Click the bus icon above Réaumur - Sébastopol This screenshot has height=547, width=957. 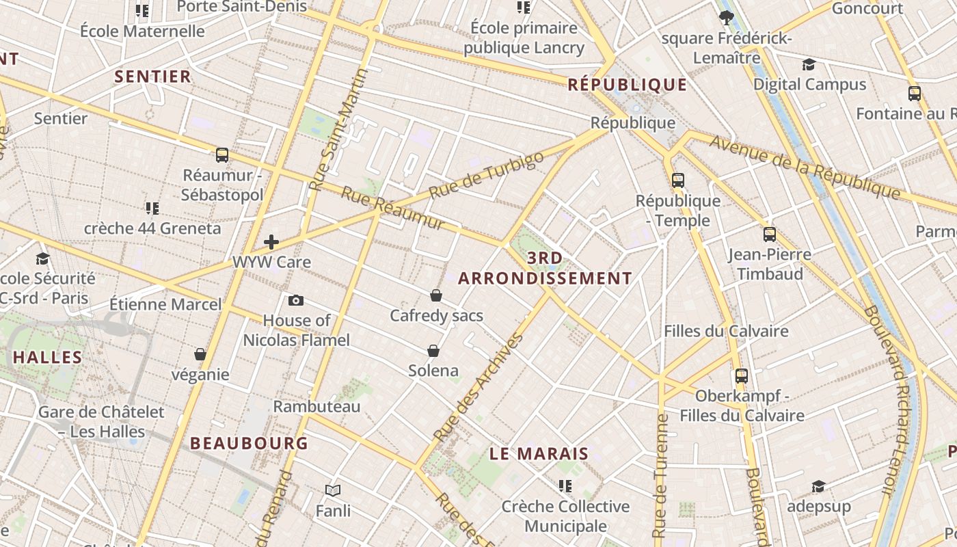(x=222, y=155)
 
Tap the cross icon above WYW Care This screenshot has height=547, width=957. (x=271, y=241)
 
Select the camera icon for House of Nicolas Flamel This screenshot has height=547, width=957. (x=296, y=300)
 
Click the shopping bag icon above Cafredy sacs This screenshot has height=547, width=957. (x=436, y=295)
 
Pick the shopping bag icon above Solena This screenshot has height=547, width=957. (x=433, y=351)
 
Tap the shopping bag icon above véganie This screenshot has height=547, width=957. (x=200, y=354)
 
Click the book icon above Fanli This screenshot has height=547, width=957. (x=333, y=490)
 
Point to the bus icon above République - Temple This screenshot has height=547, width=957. (x=677, y=181)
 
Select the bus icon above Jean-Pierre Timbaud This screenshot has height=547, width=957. (x=770, y=235)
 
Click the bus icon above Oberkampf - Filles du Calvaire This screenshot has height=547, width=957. (x=742, y=375)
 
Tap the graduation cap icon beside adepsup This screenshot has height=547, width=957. (x=818, y=486)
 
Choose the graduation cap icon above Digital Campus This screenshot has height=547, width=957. (x=809, y=65)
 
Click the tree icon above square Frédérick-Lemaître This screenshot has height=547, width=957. (x=726, y=18)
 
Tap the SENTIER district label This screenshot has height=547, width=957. (x=153, y=77)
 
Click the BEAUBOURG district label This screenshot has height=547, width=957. (x=249, y=443)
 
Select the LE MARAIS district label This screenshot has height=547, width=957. (x=539, y=454)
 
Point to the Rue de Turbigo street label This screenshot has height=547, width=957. (x=486, y=176)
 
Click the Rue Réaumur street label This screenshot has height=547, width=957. (x=392, y=208)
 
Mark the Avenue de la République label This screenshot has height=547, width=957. (x=805, y=167)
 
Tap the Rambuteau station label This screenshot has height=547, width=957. (x=316, y=407)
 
